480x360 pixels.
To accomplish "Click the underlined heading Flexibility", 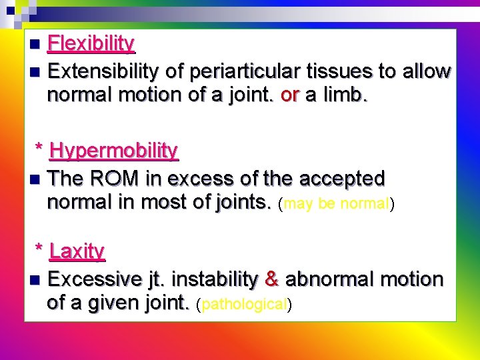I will click(x=91, y=44).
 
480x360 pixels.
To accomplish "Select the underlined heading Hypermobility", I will click(x=113, y=151).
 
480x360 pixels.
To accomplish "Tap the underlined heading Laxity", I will click(x=77, y=251).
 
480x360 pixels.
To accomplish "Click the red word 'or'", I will click(x=290, y=95).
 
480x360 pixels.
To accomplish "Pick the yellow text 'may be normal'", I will click(x=336, y=204).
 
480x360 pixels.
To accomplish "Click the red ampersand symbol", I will click(x=271, y=279).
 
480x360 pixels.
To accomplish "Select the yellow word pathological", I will click(x=243, y=305).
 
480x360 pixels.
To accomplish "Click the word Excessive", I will click(x=95, y=279).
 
